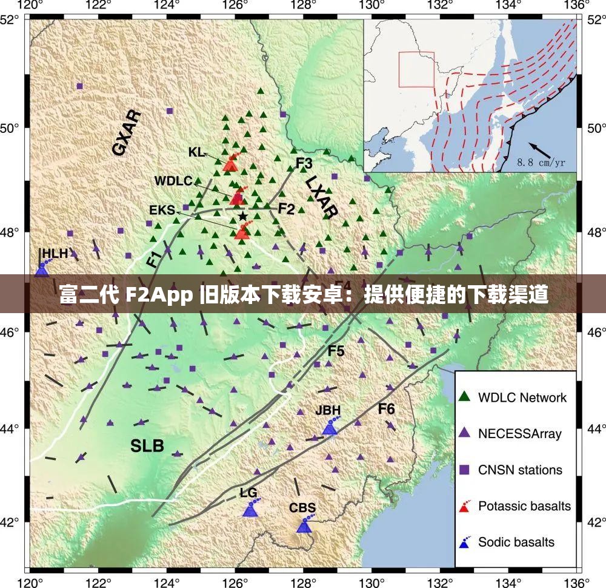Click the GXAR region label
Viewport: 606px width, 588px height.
[x=127, y=133]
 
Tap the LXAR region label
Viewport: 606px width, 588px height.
[x=321, y=196]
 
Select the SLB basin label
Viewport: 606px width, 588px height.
[x=147, y=446]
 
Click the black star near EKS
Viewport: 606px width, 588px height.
[x=242, y=216]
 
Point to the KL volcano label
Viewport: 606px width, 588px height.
[x=196, y=152]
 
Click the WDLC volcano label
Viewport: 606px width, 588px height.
[x=173, y=181]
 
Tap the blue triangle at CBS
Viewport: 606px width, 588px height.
[x=304, y=526]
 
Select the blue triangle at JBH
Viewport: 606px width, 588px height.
[x=329, y=428]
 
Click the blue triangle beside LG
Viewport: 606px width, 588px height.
[x=250, y=510]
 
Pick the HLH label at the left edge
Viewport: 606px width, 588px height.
[x=55, y=254]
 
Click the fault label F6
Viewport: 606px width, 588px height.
[x=386, y=409]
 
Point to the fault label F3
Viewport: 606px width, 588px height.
[x=304, y=163]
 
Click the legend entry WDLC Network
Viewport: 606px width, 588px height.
[x=522, y=397]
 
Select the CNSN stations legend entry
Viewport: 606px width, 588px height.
[x=520, y=470]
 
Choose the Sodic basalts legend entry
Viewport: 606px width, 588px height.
[x=516, y=542]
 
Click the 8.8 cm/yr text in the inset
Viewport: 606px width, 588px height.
[x=541, y=163]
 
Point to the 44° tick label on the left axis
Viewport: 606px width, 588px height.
[x=13, y=428]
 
